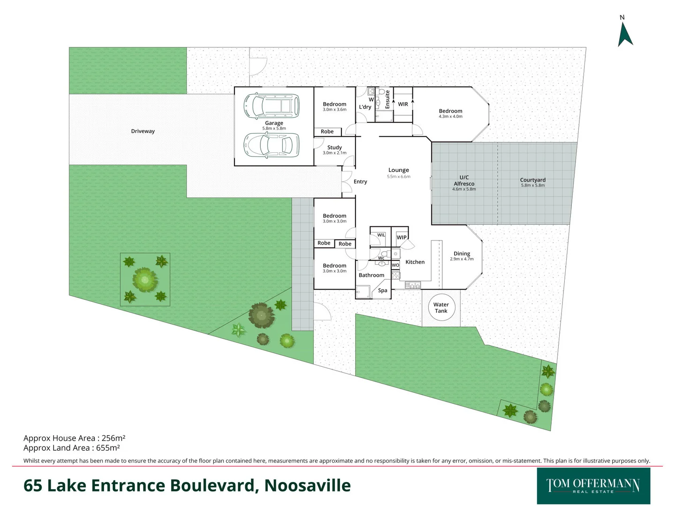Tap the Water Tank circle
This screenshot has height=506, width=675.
pyautogui.click(x=441, y=308)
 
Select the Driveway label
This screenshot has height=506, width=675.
pyautogui.click(x=143, y=131)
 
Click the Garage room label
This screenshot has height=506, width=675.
pyautogui.click(x=274, y=123)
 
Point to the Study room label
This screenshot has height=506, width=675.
pyautogui.click(x=334, y=148)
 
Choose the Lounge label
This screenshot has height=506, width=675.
pyautogui.click(x=399, y=170)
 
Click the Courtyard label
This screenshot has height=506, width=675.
pyautogui.click(x=532, y=180)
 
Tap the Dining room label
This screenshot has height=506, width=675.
pyautogui.click(x=462, y=253)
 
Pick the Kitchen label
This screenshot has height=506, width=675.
pyautogui.click(x=415, y=262)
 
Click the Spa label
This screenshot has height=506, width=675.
pyautogui.click(x=383, y=290)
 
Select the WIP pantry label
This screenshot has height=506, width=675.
pyautogui.click(x=402, y=238)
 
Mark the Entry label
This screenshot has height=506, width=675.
pyautogui.click(x=360, y=182)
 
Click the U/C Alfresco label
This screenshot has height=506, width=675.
pyautogui.click(x=464, y=181)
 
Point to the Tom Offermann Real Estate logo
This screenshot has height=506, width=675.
pyautogui.click(x=593, y=486)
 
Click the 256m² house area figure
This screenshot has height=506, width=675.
pyautogui.click(x=113, y=439)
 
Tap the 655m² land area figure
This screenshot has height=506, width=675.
pyautogui.click(x=108, y=448)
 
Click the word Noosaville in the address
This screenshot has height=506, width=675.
pyautogui.click(x=307, y=486)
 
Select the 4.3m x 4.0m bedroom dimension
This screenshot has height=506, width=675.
pyautogui.click(x=450, y=117)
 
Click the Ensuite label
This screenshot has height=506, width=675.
pyautogui.click(x=387, y=100)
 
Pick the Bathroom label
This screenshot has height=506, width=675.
pyautogui.click(x=371, y=275)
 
